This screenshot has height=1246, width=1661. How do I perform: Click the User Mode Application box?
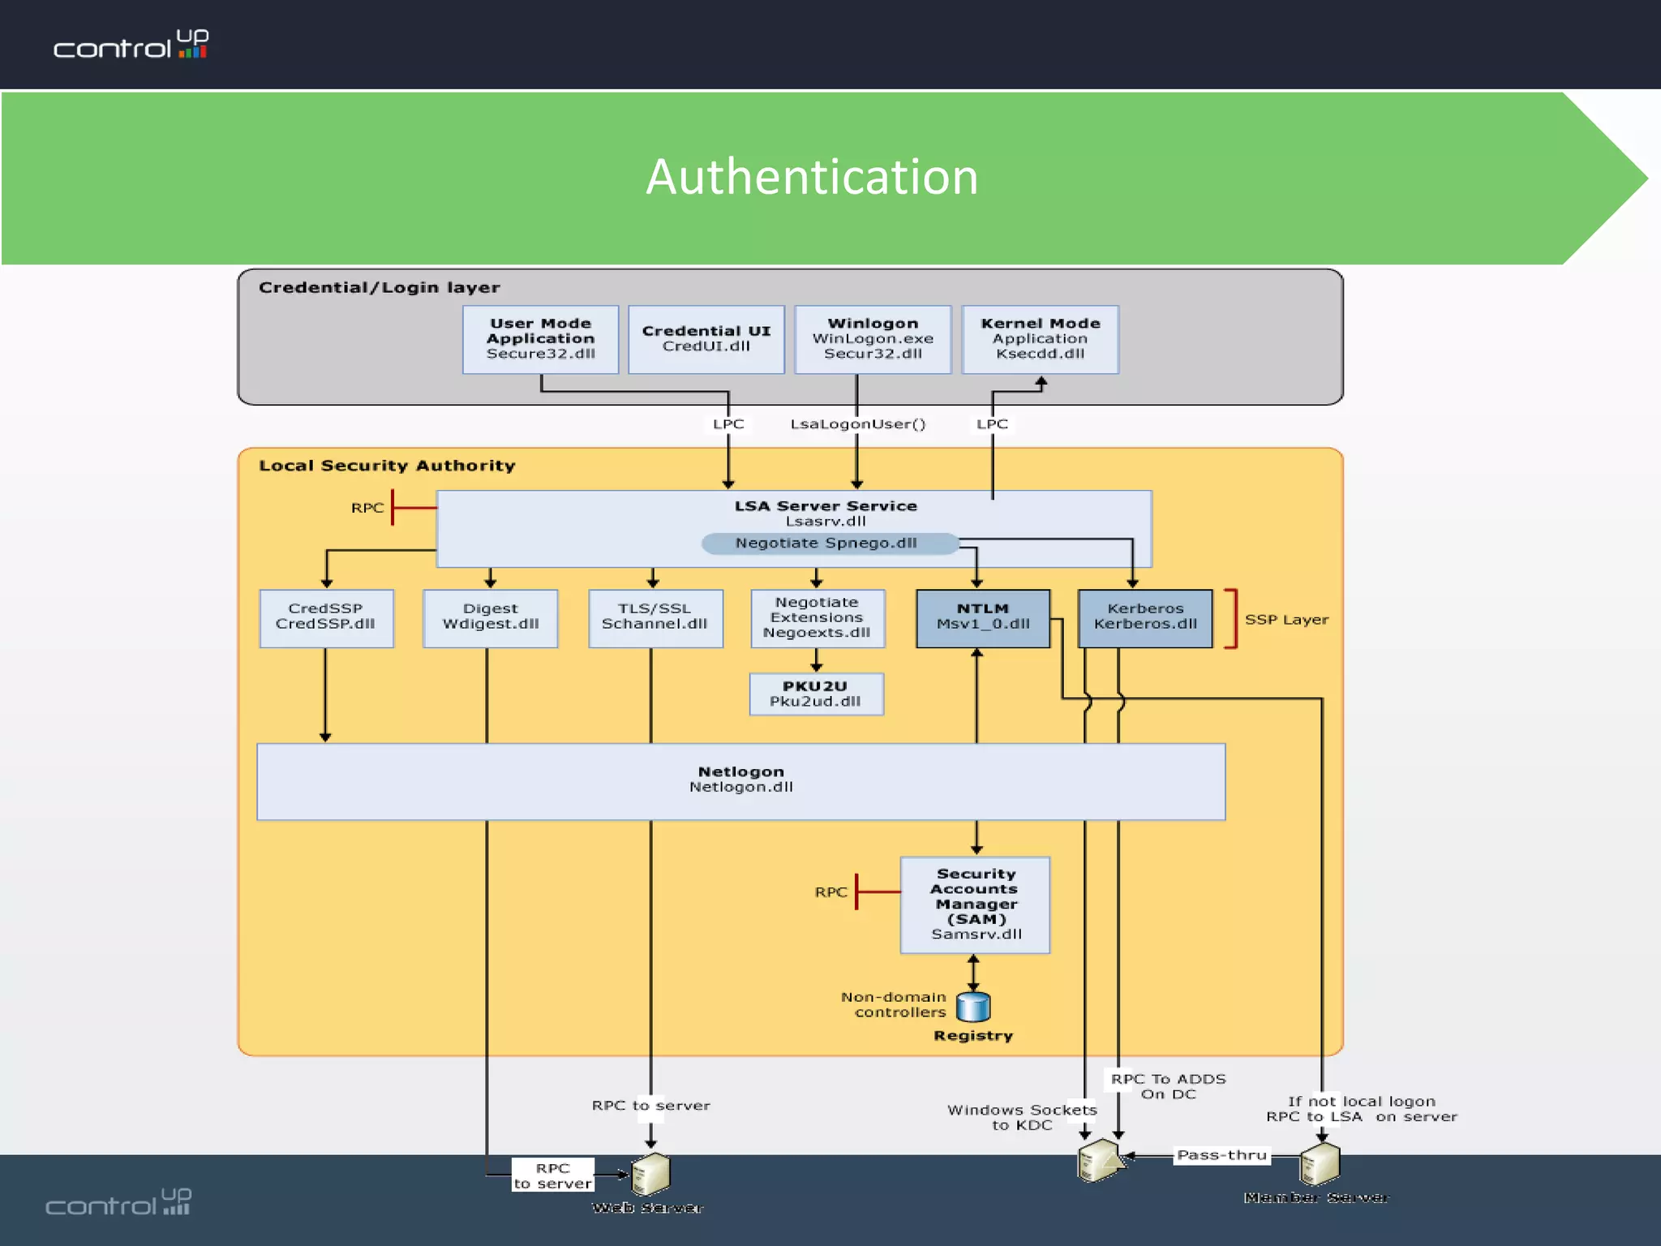[540, 339]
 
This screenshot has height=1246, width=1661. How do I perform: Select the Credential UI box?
[706, 339]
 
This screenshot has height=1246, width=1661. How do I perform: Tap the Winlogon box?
[873, 339]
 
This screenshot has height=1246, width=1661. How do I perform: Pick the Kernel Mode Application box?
[1040, 339]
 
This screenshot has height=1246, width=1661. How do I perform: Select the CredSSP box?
[326, 618]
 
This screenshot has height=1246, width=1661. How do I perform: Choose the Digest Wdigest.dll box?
[490, 618]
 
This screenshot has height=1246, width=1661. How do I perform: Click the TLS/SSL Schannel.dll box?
[655, 618]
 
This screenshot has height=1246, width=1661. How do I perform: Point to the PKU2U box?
[816, 694]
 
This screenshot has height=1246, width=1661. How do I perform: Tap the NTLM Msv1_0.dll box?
[983, 618]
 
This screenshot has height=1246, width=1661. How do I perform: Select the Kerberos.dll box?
[1144, 618]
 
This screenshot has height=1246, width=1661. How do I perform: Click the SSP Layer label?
[1286, 620]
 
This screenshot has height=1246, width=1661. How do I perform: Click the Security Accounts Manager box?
[975, 904]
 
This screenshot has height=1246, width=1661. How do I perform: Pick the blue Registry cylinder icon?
[973, 1007]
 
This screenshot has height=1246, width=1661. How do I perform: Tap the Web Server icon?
[650, 1175]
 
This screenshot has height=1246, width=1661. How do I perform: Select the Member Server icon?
[1320, 1165]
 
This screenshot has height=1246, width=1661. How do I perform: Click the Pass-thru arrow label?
[1221, 1155]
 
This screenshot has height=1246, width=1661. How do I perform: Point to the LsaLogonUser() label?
[857, 424]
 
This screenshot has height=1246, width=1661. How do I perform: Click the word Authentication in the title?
[812, 177]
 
